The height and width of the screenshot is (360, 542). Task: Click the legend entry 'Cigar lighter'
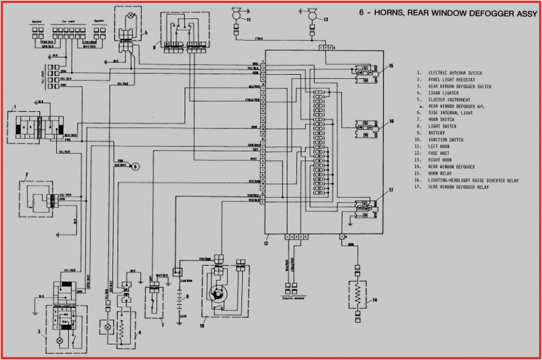coord(445,93)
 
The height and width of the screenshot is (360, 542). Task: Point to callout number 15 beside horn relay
coord(391,66)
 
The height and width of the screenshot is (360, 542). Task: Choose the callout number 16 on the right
coord(391,120)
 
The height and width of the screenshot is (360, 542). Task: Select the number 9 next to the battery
coord(187,297)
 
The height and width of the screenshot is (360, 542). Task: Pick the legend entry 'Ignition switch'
coord(447,140)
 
